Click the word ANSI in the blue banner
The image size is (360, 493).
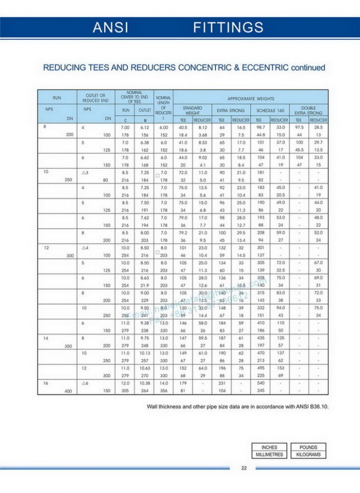point(110,28)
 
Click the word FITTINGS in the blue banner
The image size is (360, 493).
point(228,28)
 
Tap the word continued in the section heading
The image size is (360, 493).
point(308,67)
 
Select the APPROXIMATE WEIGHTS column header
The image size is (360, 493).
point(251,98)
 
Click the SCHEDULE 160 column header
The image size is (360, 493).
point(270,111)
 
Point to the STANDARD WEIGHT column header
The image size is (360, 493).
point(192,111)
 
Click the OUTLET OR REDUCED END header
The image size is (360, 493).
point(95,98)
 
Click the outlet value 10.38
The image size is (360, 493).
point(145,383)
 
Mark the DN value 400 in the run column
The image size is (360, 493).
point(68,391)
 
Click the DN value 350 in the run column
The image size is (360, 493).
point(68,345)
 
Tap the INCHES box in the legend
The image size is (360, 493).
point(269,447)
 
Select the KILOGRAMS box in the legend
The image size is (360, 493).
point(308,455)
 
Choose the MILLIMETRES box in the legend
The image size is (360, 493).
point(269,455)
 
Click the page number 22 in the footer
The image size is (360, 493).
point(244,468)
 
